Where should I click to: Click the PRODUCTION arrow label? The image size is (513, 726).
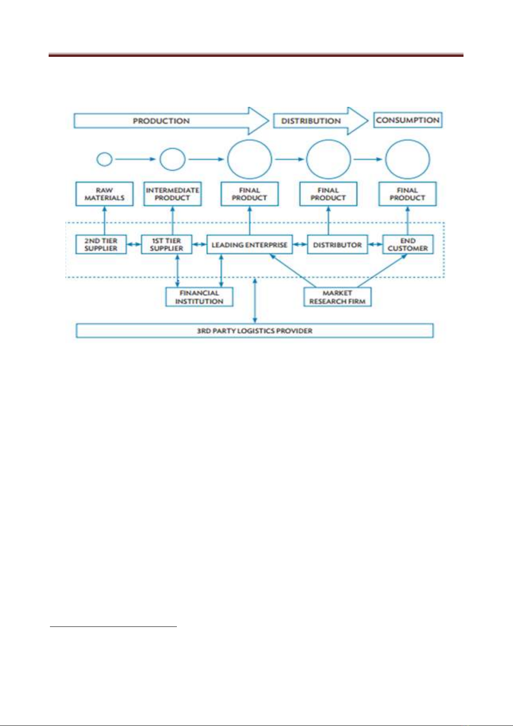161,121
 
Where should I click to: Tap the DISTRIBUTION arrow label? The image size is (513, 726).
311,121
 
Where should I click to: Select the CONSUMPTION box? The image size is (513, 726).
408,120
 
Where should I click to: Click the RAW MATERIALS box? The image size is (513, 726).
104,194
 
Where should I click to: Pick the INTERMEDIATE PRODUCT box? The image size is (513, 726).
173,194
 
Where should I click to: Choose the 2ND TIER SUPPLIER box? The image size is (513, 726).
101,244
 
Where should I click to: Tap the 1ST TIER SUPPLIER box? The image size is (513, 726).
167,244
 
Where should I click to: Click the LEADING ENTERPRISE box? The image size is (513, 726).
250,244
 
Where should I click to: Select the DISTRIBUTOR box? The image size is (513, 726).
337,244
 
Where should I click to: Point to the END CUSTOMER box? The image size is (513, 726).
408,244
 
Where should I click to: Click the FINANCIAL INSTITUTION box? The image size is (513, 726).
199,297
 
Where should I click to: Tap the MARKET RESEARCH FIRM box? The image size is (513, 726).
337,297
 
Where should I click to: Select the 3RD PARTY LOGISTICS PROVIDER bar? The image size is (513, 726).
254,330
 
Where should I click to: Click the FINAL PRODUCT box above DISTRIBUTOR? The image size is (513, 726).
328,194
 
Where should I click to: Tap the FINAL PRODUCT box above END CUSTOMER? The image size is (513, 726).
408,194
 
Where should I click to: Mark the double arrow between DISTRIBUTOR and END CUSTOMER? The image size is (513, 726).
375,244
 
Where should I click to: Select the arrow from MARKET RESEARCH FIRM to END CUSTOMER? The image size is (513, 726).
382,271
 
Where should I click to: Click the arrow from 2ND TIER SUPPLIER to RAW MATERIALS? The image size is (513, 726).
105,221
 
